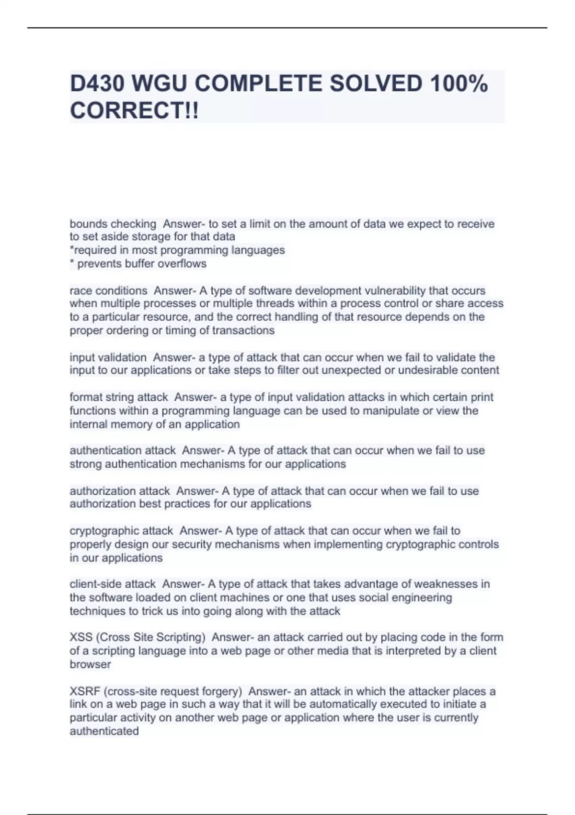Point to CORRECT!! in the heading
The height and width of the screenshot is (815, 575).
[x=134, y=111]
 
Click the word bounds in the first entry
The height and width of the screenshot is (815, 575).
[x=89, y=224]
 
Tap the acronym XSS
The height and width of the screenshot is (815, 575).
[x=81, y=637]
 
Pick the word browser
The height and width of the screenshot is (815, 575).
[x=90, y=664]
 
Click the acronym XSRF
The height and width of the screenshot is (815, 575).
[x=85, y=691]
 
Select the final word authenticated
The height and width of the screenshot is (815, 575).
[x=104, y=731]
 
